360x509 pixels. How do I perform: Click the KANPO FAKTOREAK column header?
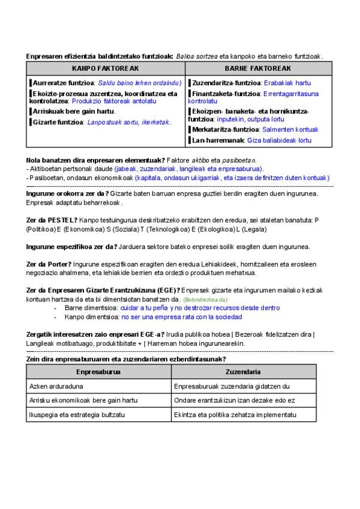pos(105,68)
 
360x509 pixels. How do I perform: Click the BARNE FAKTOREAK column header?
pos(258,68)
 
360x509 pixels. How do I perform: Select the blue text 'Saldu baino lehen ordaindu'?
pos(139,83)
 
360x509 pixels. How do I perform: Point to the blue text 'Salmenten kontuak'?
pos(290,129)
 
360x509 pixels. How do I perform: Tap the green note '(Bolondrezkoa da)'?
pos(205,300)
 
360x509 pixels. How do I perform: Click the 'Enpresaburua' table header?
pos(98,372)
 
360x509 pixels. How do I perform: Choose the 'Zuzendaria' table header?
pos(243,372)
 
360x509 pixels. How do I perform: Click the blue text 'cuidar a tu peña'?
pos(145,308)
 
